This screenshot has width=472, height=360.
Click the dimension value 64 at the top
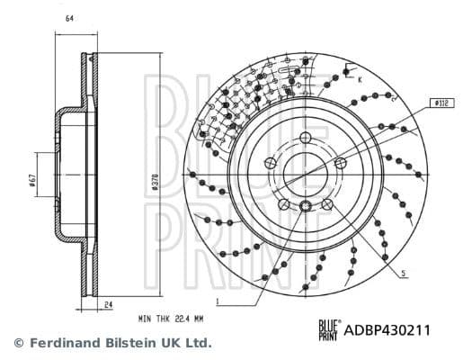click(70, 19)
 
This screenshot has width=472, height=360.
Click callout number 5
click(404, 273)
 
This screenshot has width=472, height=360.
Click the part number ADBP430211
click(388, 330)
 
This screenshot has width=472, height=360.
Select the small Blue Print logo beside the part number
click(330, 330)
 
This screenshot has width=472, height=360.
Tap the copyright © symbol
click(18, 343)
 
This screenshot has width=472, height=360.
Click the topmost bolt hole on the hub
click(306, 137)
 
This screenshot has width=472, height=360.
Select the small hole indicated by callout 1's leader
click(306, 207)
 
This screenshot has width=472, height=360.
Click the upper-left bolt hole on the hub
click(272, 163)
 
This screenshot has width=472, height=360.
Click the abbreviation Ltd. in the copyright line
click(200, 343)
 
